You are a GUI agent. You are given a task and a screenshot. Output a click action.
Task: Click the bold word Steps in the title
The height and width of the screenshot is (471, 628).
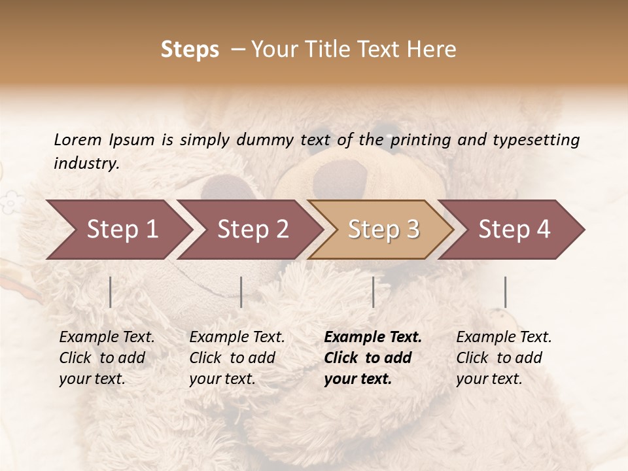tap(190, 50)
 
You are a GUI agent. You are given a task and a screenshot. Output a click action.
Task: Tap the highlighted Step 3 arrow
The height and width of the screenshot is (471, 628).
tap(383, 229)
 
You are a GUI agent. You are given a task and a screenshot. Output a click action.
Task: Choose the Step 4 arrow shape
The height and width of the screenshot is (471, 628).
tap(514, 229)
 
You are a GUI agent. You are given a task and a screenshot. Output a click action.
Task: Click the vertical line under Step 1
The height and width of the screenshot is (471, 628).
tap(111, 292)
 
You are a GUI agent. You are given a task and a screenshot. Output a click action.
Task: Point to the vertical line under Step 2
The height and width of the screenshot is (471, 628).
tap(241, 292)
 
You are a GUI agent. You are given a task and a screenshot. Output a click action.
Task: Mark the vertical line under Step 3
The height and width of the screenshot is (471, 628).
tap(373, 292)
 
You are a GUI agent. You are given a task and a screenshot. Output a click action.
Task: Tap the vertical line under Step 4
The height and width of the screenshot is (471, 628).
tap(505, 292)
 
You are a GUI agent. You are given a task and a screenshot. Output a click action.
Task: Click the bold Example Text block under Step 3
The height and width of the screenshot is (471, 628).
tap(373, 358)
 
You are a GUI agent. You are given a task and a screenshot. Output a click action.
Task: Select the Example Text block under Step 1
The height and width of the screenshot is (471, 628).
tap(107, 358)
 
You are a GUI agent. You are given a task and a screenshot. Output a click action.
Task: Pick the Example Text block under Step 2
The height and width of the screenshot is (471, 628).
tap(237, 358)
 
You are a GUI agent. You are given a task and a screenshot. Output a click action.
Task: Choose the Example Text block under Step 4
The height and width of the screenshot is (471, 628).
tap(504, 358)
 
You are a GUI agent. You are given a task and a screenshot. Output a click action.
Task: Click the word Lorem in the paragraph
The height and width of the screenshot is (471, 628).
tap(77, 140)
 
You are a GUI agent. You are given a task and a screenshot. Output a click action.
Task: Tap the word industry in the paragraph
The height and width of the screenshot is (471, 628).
tap(86, 164)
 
